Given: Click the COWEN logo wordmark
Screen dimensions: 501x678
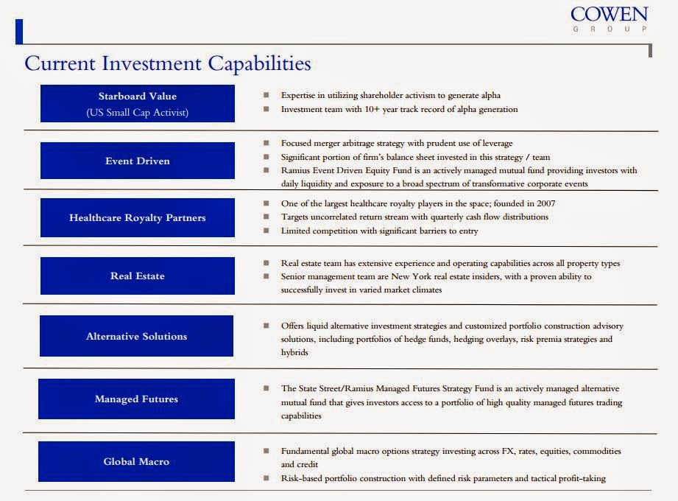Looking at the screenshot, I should pyautogui.click(x=609, y=15).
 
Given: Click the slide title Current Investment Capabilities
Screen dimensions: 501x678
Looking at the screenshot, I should pyautogui.click(x=168, y=63).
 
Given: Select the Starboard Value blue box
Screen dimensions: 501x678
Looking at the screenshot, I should pyautogui.click(x=138, y=103).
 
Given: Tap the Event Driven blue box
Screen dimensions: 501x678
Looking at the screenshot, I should pyautogui.click(x=138, y=161).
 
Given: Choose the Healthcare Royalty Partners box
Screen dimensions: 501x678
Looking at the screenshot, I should pyautogui.click(x=138, y=217).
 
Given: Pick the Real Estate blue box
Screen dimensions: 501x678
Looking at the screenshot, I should pyautogui.click(x=138, y=276).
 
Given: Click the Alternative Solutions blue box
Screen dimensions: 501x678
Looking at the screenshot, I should pyautogui.click(x=137, y=336).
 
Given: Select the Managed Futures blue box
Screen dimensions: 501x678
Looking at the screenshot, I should pyautogui.click(x=136, y=399).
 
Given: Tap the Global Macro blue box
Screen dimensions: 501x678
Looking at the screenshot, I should pyautogui.click(x=136, y=461).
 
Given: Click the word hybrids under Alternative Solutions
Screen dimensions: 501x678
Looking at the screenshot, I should pyautogui.click(x=294, y=352).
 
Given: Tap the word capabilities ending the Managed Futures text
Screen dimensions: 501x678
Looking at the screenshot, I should pyautogui.click(x=301, y=416).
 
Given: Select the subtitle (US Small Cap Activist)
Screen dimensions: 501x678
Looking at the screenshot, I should pyautogui.click(x=138, y=112).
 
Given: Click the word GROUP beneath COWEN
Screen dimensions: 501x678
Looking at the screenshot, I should pyautogui.click(x=609, y=29).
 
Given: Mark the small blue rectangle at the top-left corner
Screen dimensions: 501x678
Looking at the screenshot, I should pyautogui.click(x=18, y=32).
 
